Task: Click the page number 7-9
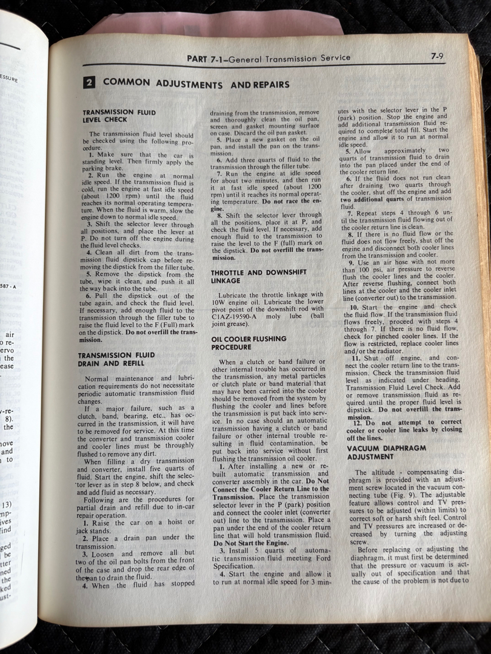tap(438, 56)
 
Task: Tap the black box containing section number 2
tap(89, 83)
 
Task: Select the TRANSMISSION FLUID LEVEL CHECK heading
tap(109, 116)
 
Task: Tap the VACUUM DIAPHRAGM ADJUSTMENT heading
tap(386, 452)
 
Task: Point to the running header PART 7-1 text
tap(268, 59)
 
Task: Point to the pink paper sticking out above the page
tap(212, 27)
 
